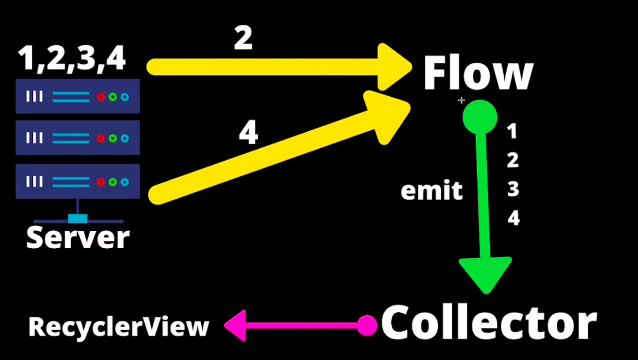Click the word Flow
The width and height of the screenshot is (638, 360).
click(x=478, y=73)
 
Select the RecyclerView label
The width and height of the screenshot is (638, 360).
click(x=119, y=327)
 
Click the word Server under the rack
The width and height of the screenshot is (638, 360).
click(x=78, y=237)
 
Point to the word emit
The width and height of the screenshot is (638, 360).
click(x=432, y=191)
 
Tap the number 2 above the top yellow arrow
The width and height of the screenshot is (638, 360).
click(x=243, y=39)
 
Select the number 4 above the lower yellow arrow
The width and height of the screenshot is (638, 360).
click(x=248, y=134)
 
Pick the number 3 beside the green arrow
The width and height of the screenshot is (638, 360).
click(x=512, y=190)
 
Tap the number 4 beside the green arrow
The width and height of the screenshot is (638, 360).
click(x=513, y=218)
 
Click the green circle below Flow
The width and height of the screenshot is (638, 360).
click(x=480, y=116)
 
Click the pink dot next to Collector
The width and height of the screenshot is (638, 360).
click(x=367, y=325)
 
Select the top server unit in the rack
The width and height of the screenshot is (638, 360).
click(x=78, y=96)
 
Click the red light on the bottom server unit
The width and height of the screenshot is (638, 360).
click(x=101, y=182)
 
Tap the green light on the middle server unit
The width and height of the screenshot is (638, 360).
click(x=113, y=138)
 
